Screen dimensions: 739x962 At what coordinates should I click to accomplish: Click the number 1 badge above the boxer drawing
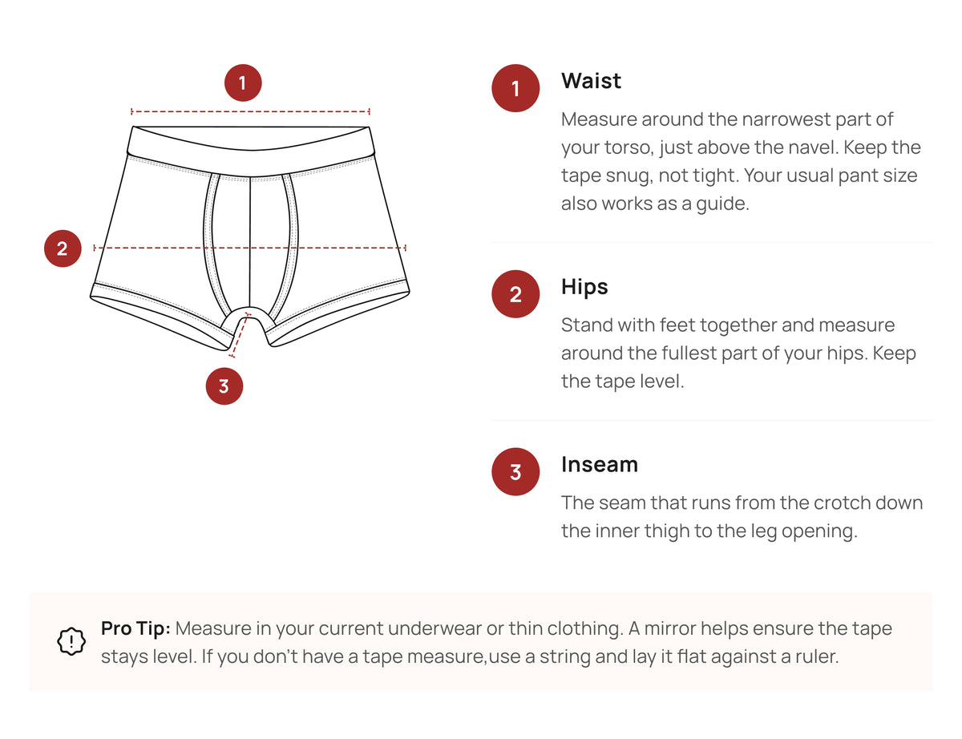243,83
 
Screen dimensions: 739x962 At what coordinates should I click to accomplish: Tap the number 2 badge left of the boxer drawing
63,248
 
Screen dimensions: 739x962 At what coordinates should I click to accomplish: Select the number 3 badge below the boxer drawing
224,386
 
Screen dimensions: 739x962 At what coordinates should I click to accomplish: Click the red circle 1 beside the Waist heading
515,88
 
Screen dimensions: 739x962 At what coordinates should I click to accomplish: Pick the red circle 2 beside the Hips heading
515,294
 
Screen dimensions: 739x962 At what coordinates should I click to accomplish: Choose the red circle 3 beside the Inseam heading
515,472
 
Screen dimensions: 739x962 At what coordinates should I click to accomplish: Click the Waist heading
591,81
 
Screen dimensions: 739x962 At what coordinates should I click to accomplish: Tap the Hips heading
584,287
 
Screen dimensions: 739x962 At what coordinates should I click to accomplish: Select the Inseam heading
600,465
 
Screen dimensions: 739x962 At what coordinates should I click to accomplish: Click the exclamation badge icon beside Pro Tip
71,641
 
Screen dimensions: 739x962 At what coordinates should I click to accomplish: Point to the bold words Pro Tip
135,628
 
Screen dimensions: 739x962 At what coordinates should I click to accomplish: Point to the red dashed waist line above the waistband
250,111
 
